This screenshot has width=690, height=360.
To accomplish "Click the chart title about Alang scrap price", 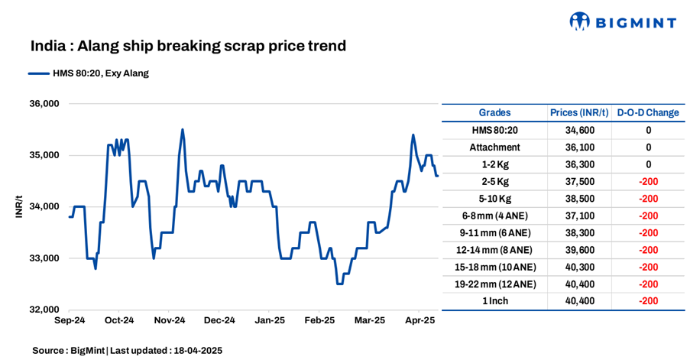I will (x=188, y=46).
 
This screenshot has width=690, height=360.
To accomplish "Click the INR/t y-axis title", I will (x=19, y=207).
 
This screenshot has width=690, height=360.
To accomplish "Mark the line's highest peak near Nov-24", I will (x=182, y=130).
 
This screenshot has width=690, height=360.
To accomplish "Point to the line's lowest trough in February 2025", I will (x=339, y=284).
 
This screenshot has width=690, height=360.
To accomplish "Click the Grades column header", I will (x=494, y=112).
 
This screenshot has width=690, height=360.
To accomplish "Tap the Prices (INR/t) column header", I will (x=579, y=112).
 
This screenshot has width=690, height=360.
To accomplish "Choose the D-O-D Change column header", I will (x=648, y=112).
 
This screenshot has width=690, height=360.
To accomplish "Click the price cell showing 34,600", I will (x=579, y=130).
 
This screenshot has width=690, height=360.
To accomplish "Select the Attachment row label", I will (x=494, y=147).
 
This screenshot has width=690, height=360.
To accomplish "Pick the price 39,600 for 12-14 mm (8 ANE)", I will (x=579, y=250).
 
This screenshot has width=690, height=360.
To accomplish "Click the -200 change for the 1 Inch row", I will (x=648, y=301).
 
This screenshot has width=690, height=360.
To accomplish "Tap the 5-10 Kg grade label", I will (x=494, y=199).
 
